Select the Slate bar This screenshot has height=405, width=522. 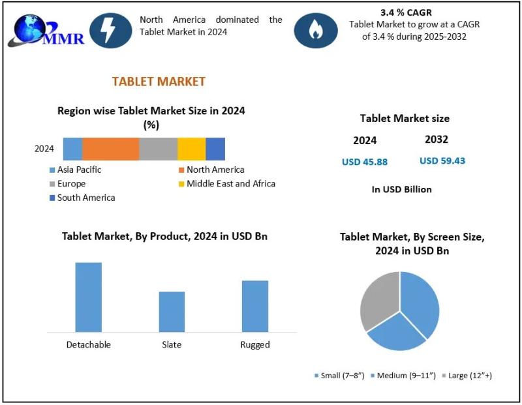click(172, 311)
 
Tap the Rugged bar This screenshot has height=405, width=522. click(254, 305)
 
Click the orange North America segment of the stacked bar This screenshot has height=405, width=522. click(110, 149)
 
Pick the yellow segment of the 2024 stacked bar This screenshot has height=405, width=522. click(191, 149)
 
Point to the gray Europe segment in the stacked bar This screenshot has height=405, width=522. click(158, 149)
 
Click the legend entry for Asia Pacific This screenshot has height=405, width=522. click(79, 170)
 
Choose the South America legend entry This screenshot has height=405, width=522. click(85, 198)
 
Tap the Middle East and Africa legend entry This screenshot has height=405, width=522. click(230, 184)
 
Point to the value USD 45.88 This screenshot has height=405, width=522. click(365, 162)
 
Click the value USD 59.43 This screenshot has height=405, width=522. click(442, 160)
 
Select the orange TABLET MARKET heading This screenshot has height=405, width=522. click(159, 82)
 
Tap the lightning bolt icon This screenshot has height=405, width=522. click(110, 30)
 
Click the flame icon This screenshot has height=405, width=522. click(316, 30)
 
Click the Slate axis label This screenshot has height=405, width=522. click(172, 344)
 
